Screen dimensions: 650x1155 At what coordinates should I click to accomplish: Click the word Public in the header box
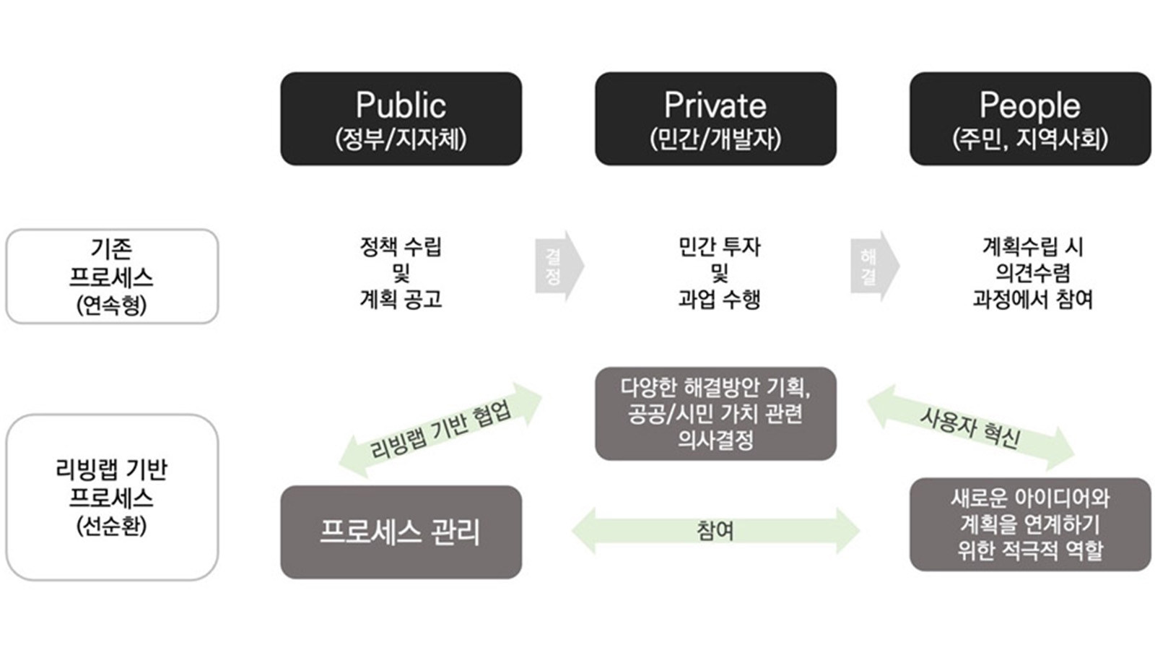tap(401, 105)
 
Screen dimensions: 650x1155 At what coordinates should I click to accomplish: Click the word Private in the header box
tap(715, 105)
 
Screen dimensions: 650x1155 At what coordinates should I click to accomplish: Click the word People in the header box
tap(1029, 105)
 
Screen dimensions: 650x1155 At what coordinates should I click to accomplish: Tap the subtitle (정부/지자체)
tap(401, 139)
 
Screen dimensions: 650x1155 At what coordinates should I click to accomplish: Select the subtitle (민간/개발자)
tap(715, 139)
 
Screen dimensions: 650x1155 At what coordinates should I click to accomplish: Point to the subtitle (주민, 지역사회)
tap(1029, 139)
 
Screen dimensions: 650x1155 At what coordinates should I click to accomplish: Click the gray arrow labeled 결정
tap(558, 266)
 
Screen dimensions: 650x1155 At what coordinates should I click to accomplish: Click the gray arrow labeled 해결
tap(873, 266)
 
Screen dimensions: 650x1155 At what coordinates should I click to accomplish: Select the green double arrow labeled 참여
tap(715, 531)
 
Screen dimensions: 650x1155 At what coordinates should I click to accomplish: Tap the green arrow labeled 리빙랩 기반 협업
tap(440, 430)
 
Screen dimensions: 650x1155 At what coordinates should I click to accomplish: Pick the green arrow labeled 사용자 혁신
tap(970, 427)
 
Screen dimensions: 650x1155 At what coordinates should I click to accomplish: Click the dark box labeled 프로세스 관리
tap(401, 532)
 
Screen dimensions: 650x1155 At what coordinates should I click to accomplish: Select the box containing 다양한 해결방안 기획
tap(715, 414)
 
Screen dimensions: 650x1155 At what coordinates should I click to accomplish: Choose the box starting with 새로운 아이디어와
tap(1029, 524)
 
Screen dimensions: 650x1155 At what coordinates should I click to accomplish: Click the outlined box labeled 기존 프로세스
tap(111, 277)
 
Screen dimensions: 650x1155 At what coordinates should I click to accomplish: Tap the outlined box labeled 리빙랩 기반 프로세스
tap(111, 497)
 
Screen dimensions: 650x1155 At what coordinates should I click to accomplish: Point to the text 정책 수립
tap(401, 247)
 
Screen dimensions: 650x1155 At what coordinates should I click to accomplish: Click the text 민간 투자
tap(719, 247)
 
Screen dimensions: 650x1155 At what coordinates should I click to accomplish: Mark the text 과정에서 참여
tap(1032, 299)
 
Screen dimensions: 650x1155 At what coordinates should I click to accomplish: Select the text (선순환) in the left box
tap(111, 525)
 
